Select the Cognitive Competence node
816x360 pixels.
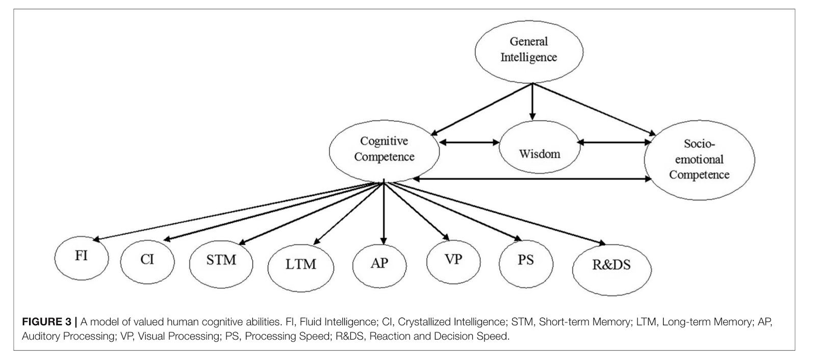(x=384, y=149)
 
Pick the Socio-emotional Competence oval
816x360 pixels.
(x=699, y=160)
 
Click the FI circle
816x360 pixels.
(x=82, y=255)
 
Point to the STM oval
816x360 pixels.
(x=221, y=261)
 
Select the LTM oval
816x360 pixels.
(x=300, y=264)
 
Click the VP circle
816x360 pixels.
(x=453, y=260)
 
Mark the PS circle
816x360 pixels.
(x=525, y=260)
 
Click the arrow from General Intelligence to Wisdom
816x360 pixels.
(x=532, y=102)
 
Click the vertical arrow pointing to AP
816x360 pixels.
(x=384, y=214)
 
